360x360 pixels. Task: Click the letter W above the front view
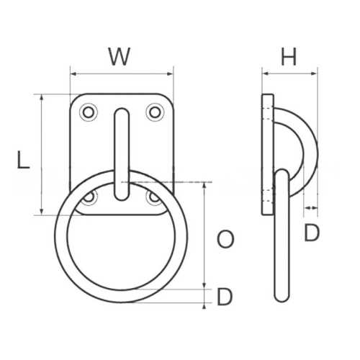click(x=120, y=56)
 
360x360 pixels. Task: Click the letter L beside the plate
click(x=23, y=160)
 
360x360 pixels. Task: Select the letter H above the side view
click(x=289, y=58)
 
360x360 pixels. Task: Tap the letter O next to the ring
click(x=225, y=240)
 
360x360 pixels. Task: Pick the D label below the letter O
click(x=225, y=297)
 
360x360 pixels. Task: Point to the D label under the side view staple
click(x=311, y=233)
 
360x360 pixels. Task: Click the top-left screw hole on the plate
click(x=89, y=112)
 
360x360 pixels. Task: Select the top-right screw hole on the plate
click(x=154, y=112)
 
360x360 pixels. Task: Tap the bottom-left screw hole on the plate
click(x=89, y=196)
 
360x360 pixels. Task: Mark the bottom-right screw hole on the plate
click(x=154, y=196)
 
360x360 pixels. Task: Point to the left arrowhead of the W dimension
click(x=73, y=73)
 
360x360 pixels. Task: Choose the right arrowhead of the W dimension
click(x=171, y=73)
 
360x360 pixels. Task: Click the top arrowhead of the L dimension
click(x=42, y=97)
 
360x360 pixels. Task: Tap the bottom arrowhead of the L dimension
click(x=42, y=212)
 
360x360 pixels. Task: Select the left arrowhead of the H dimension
click(x=264, y=73)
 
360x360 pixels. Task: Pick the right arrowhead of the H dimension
click(x=315, y=73)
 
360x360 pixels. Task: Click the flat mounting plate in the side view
click(x=267, y=154)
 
